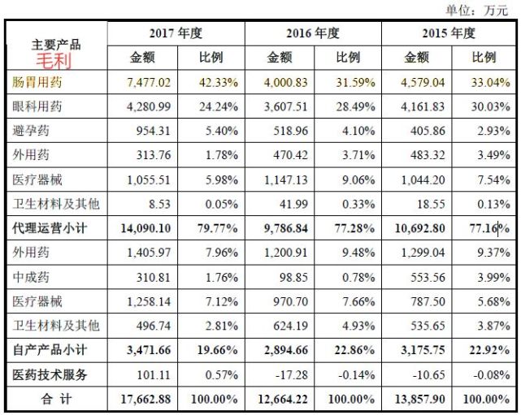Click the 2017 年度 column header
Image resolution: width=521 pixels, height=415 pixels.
pyautogui.click(x=176, y=33)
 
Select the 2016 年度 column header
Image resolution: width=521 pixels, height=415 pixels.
pyautogui.click(x=313, y=33)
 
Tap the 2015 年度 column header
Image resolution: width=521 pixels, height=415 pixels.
pyautogui.click(x=449, y=33)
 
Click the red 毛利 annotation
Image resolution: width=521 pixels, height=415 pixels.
pyautogui.click(x=54, y=61)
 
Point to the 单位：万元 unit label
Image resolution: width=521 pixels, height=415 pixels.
pyautogui.click(x=477, y=11)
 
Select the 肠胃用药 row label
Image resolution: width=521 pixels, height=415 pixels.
pyautogui.click(x=37, y=82)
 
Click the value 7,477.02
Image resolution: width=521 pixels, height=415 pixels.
pyautogui.click(x=149, y=82)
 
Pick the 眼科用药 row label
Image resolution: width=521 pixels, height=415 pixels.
pyautogui.click(x=37, y=106)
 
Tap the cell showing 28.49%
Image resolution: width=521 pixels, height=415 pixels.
pyautogui.click(x=355, y=106)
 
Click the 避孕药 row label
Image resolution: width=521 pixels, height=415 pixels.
pyautogui.click(x=31, y=131)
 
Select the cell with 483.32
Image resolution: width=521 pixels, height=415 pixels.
pyautogui.click(x=428, y=155)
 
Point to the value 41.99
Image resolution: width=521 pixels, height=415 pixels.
pyautogui.click(x=293, y=204)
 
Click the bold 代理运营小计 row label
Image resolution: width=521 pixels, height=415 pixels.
pyautogui.click(x=50, y=228)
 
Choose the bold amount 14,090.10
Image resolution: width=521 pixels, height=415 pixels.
pyautogui.click(x=145, y=228)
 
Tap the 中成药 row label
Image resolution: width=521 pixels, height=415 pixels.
pyautogui.click(x=31, y=277)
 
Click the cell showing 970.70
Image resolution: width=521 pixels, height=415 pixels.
pyautogui.click(x=291, y=301)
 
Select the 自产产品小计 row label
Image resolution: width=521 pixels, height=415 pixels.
pyautogui.click(x=50, y=350)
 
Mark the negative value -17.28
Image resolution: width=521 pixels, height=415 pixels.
pyautogui.click(x=292, y=375)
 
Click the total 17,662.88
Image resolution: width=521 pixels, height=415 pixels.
pyautogui.click(x=145, y=399)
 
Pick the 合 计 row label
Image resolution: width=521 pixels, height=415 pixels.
pyautogui.click(x=56, y=399)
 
